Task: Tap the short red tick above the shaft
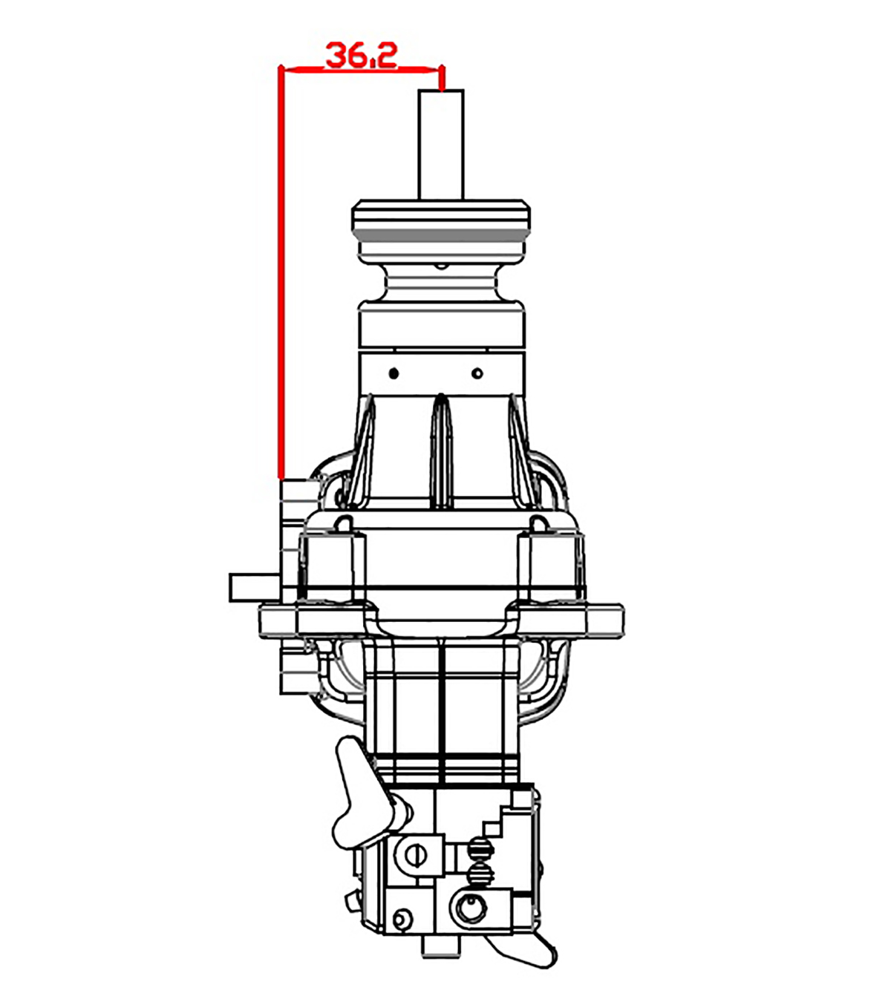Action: click(x=442, y=79)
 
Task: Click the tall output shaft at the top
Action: click(x=441, y=145)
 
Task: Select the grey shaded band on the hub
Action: click(x=441, y=235)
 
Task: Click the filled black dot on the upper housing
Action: click(x=394, y=373)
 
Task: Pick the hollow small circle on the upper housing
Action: click(x=477, y=373)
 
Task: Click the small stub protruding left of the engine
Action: click(x=255, y=587)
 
